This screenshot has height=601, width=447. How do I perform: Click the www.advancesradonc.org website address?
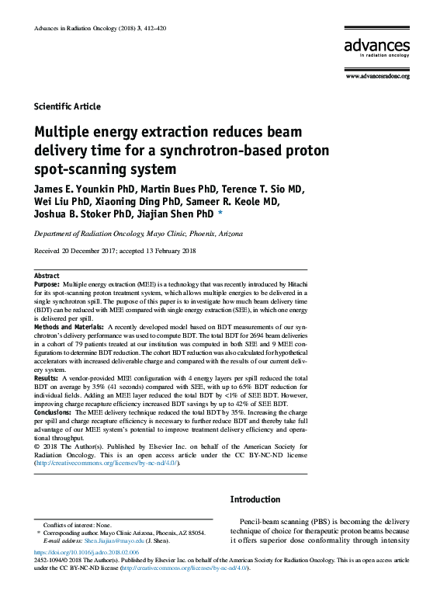(377, 76)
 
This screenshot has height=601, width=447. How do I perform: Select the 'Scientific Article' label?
(68, 107)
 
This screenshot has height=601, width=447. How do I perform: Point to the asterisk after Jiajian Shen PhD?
(220, 214)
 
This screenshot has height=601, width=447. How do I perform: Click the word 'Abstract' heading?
(47, 276)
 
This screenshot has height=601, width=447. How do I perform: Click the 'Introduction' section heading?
(255, 499)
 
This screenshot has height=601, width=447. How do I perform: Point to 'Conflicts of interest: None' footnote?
(77, 526)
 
